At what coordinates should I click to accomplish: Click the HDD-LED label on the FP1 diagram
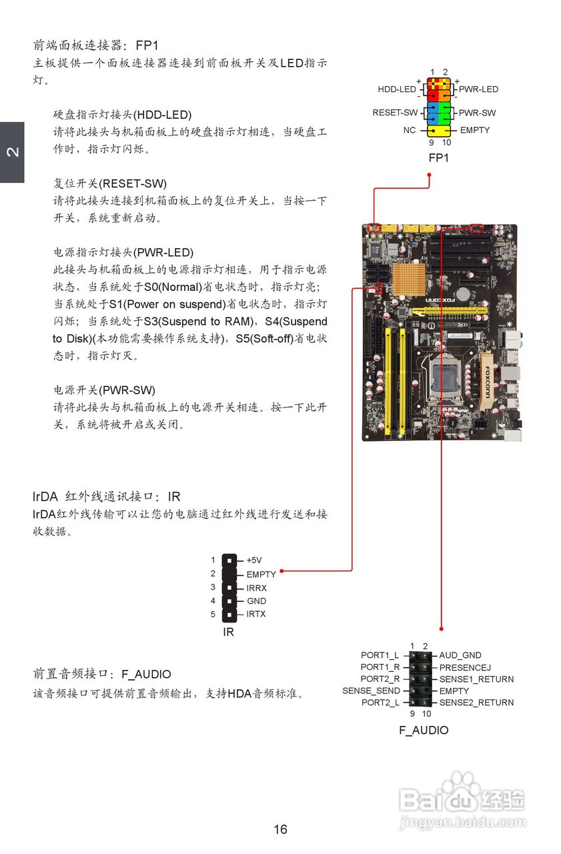coord(396,89)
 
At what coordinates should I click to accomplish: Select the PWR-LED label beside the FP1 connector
coord(478,89)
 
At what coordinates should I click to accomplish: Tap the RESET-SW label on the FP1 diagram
coord(395,113)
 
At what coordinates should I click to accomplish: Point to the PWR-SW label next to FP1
coord(477,113)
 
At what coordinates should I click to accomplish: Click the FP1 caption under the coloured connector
coord(438,158)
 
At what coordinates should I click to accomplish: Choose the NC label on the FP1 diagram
coord(410,130)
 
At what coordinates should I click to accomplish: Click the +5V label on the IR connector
coord(254,560)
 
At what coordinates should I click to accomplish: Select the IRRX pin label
coord(257,588)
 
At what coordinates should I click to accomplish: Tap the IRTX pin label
coord(256,614)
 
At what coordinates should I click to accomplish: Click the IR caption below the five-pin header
coord(228,632)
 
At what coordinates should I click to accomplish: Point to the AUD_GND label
coord(460,656)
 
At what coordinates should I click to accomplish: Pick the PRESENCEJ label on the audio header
coord(465,667)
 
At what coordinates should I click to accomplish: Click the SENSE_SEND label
coord(371,691)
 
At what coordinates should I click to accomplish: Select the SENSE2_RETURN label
coord(476,703)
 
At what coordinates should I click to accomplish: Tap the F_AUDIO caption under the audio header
coord(424,730)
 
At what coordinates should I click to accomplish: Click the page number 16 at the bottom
coord(280,829)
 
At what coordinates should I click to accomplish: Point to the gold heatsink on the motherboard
coord(410,280)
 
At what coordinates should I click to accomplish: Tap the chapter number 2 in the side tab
coord(12,152)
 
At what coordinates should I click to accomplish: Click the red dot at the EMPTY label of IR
coord(282,571)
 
